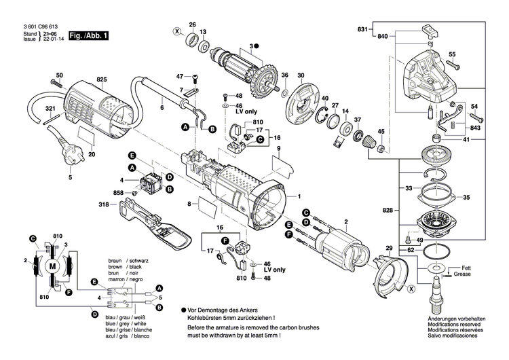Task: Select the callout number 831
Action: click(362, 29)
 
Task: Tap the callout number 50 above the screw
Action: click(59, 75)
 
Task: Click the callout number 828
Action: click(387, 212)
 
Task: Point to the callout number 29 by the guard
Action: click(390, 248)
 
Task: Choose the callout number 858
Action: click(119, 194)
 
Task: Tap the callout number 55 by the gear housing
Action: click(452, 54)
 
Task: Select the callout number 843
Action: click(475, 128)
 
